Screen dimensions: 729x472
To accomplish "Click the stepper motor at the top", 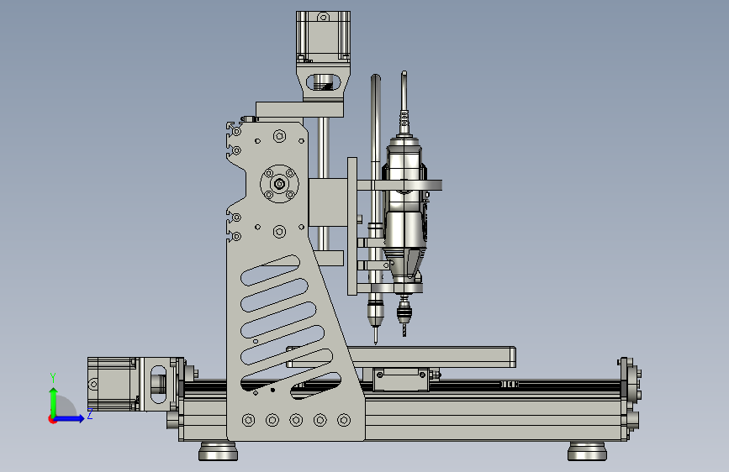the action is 323,36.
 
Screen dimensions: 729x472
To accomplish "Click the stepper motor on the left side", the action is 113,384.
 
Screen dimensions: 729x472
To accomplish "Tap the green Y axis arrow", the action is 54,403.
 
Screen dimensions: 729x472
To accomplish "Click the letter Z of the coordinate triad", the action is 90,413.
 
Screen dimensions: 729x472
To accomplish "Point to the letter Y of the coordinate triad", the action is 53,378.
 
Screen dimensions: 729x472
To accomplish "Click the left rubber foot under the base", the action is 218,451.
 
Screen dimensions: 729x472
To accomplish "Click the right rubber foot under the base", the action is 587,451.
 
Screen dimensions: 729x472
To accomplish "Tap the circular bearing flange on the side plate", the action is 279,184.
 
